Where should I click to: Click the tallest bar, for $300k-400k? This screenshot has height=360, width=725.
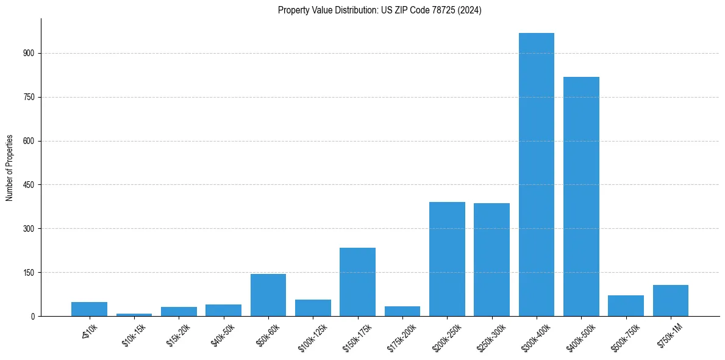tap(537, 175)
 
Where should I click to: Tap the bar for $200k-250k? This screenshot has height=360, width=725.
tap(447, 259)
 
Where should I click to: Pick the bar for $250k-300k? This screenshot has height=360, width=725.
tap(491, 260)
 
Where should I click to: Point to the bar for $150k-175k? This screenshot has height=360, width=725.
tap(357, 282)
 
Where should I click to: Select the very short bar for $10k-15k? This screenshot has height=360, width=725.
tap(134, 315)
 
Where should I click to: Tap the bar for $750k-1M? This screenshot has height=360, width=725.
tap(671, 301)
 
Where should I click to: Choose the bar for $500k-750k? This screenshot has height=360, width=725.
tap(626, 306)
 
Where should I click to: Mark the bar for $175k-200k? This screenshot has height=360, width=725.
tap(402, 311)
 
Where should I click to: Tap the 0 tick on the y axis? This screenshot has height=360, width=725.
tap(34, 316)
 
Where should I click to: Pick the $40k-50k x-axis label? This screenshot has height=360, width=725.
tap(223, 334)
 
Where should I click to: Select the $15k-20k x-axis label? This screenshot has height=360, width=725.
tap(178, 334)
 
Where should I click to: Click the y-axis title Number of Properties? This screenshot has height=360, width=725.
tap(10, 167)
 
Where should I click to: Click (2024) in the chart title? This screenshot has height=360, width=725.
tap(471, 10)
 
